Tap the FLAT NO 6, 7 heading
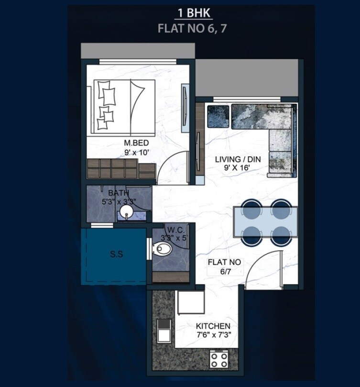point(192,28)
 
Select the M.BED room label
point(135,143)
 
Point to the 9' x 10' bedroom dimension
point(135,153)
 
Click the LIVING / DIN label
point(233,158)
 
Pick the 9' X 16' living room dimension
point(233,168)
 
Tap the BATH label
point(118,193)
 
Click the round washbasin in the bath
point(127,212)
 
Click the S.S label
point(117,255)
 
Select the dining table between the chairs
point(265,222)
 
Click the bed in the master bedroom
point(120,106)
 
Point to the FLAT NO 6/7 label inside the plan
point(224,267)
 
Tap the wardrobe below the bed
point(120,169)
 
